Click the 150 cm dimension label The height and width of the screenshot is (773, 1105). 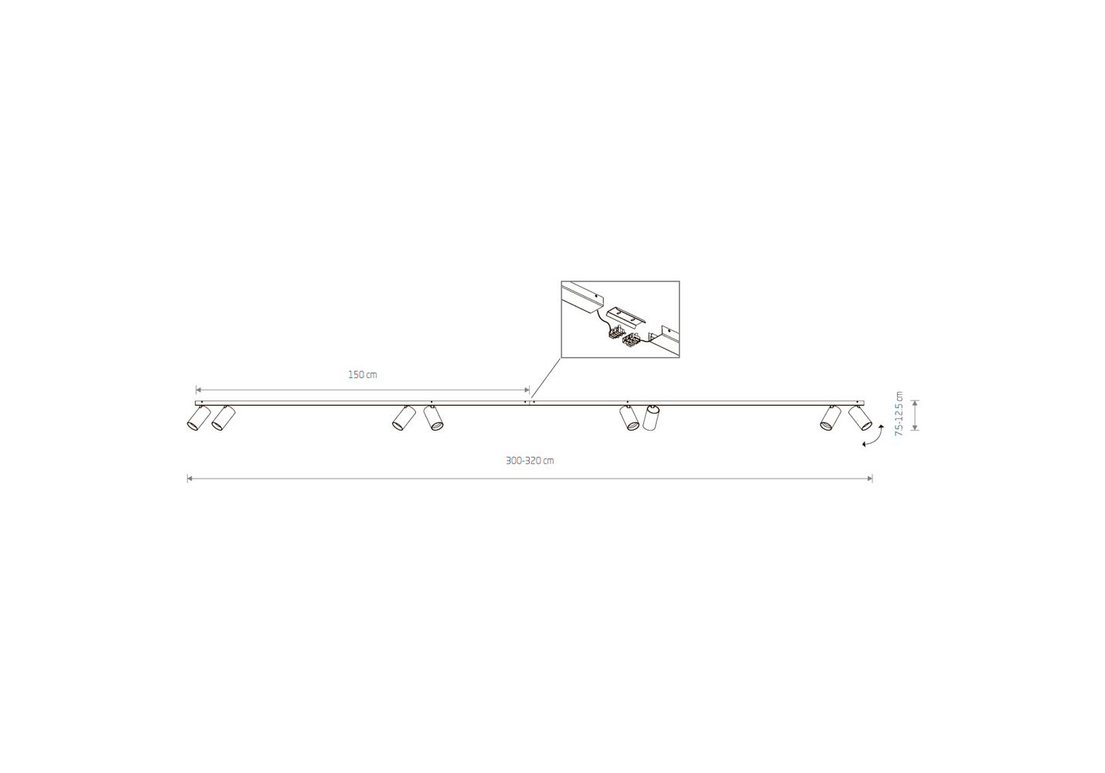(x=363, y=375)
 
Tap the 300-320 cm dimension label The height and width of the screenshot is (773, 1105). (x=530, y=461)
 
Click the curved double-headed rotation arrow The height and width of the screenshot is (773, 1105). (x=873, y=436)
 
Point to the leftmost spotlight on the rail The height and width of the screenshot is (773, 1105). (x=199, y=418)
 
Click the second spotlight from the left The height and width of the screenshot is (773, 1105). (x=223, y=418)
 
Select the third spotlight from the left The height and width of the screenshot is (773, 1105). (x=404, y=418)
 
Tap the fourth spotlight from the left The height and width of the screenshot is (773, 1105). (x=433, y=418)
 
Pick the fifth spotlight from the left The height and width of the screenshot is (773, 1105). (x=629, y=418)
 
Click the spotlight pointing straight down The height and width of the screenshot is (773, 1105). (x=651, y=418)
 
